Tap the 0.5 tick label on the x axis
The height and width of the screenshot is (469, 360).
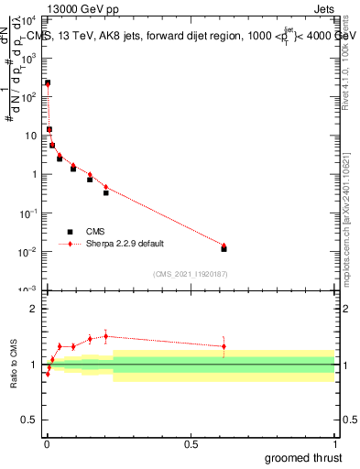[191, 444]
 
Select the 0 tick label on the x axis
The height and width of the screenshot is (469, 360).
[47, 444]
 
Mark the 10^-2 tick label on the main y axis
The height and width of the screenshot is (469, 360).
[27, 251]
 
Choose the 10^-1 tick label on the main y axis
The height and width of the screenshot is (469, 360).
[27, 213]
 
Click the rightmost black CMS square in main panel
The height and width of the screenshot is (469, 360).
[224, 248]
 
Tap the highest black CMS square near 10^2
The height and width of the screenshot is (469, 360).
[48, 82]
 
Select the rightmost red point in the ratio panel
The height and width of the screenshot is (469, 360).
[224, 346]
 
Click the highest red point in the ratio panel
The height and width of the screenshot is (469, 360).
[105, 336]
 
